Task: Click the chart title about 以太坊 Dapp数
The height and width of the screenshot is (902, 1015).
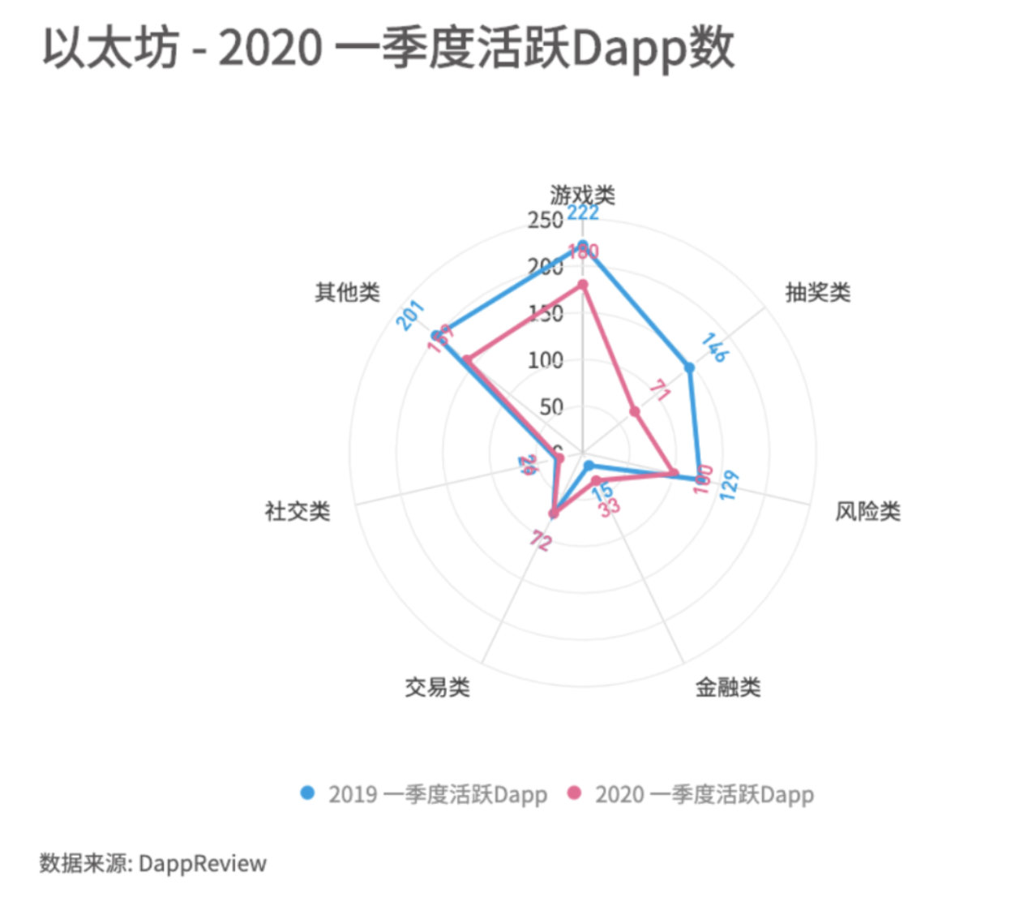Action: tap(388, 48)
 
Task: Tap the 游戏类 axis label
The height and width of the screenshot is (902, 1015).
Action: tap(582, 195)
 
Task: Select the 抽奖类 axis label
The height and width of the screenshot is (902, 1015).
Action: tap(817, 292)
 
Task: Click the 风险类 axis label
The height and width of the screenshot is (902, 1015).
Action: tap(867, 511)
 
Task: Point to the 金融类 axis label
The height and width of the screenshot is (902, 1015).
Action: tap(727, 688)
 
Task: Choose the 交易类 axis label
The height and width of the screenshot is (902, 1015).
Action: tap(437, 688)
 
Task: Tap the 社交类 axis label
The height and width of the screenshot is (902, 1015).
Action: tap(298, 511)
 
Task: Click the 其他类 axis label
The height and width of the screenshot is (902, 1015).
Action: tap(347, 292)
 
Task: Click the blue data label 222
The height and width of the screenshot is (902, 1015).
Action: tap(583, 213)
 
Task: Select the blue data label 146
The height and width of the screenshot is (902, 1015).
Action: tap(714, 347)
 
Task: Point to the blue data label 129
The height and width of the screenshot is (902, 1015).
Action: tap(729, 484)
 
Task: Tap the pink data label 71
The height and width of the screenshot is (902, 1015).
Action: tap(659, 391)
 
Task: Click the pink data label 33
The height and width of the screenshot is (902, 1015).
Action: tap(609, 508)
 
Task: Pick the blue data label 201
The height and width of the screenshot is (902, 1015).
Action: tap(410, 316)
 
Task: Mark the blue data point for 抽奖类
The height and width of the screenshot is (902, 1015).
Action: tap(690, 367)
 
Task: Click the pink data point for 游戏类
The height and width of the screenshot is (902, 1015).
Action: tap(582, 285)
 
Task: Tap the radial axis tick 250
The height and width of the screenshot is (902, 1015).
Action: tap(545, 220)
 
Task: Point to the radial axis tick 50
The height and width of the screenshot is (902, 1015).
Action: tap(551, 406)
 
